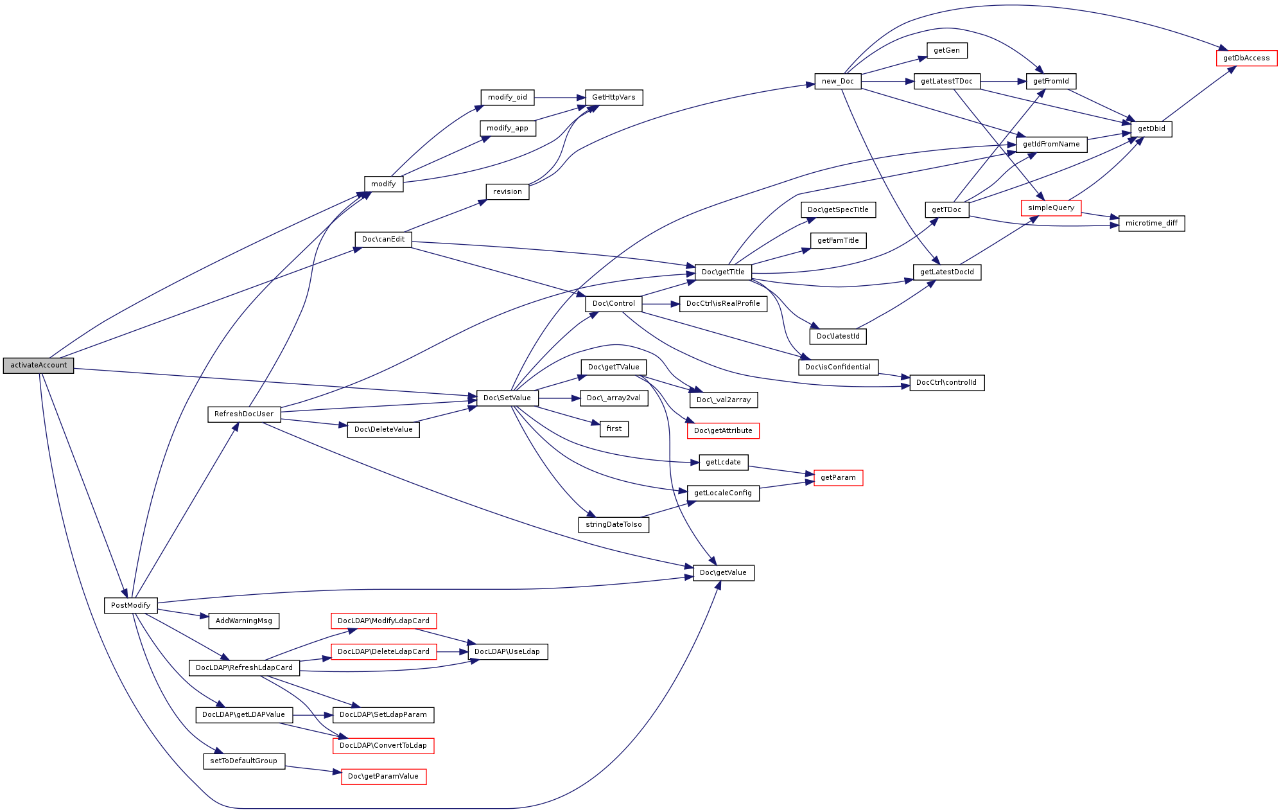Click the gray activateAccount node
point(39,366)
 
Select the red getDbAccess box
point(1246,58)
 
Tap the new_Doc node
point(838,82)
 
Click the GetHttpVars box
point(614,98)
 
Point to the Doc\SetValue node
point(507,398)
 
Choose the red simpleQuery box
point(1051,208)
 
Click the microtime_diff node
point(1152,224)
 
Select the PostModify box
point(131,605)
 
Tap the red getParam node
point(839,478)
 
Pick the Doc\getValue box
point(724,573)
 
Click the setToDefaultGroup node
point(244,761)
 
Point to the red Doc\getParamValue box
point(383,777)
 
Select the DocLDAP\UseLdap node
point(507,652)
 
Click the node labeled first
point(614,429)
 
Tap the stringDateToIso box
point(614,525)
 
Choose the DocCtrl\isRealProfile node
point(723,304)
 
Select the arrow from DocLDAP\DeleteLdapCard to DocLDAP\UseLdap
point(452,652)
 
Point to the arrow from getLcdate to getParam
point(781,471)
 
